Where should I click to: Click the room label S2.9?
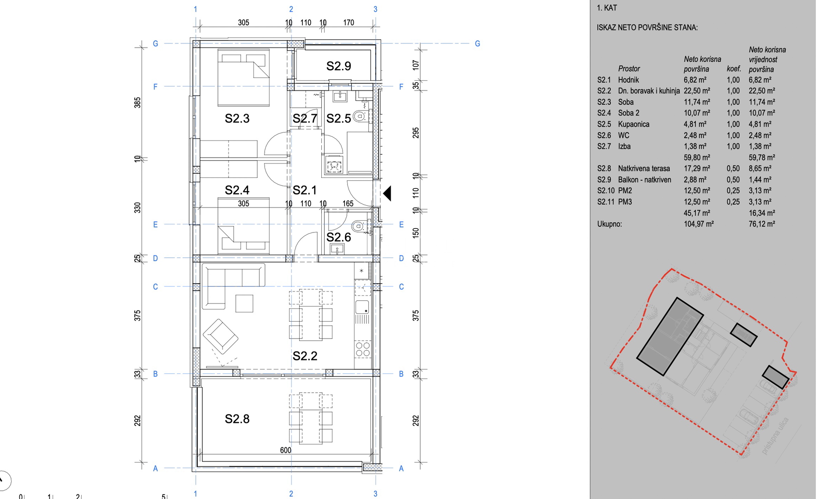tap(338, 66)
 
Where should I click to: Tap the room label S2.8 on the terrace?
tap(237, 419)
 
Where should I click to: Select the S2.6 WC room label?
tap(338, 237)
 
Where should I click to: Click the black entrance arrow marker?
tap(387, 193)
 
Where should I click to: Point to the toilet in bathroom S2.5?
tap(360, 116)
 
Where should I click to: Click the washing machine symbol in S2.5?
tap(333, 165)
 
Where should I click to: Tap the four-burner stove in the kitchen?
tap(362, 349)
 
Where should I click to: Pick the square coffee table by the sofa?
tap(244, 304)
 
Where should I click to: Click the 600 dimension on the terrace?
tap(285, 450)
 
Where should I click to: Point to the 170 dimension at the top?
tap(349, 22)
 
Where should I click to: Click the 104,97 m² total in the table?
tap(699, 224)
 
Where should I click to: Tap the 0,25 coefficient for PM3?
tap(733, 202)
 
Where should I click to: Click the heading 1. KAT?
tap(607, 8)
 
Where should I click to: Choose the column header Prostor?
tap(629, 68)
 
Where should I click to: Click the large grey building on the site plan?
tap(669, 336)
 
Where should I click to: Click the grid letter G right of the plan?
tap(477, 43)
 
